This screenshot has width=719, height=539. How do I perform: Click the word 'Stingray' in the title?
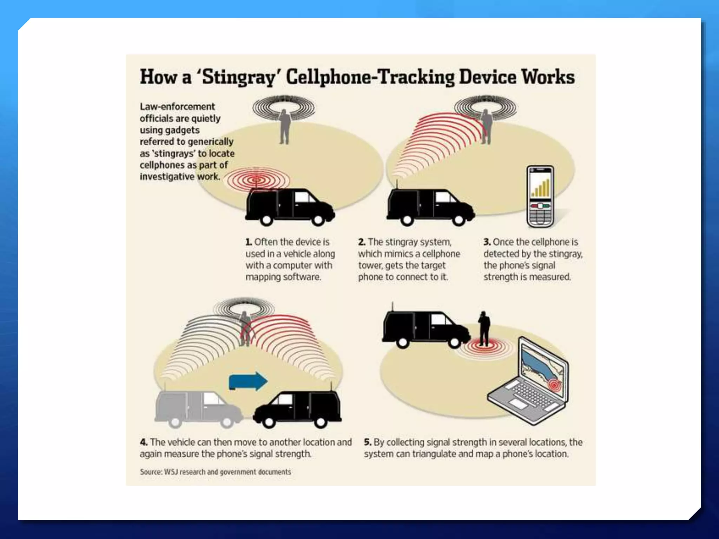coord(238,77)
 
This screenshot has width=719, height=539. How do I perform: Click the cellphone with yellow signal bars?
coord(540,197)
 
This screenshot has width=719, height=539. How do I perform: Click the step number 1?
coord(249,242)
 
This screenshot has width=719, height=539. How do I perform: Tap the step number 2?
coord(362,242)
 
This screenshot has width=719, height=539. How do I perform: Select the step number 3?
coord(487,242)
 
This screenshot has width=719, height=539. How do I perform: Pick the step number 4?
coord(144,442)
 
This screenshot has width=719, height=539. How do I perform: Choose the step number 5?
coord(368,442)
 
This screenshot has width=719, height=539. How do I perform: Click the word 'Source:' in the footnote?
coord(151,472)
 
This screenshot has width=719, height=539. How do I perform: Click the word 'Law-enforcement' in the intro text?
coord(177,107)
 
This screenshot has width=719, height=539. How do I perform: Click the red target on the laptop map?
coord(554,385)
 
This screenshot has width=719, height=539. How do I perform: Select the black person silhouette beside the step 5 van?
coord(484,328)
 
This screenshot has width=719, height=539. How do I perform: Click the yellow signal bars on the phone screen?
coord(541,188)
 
